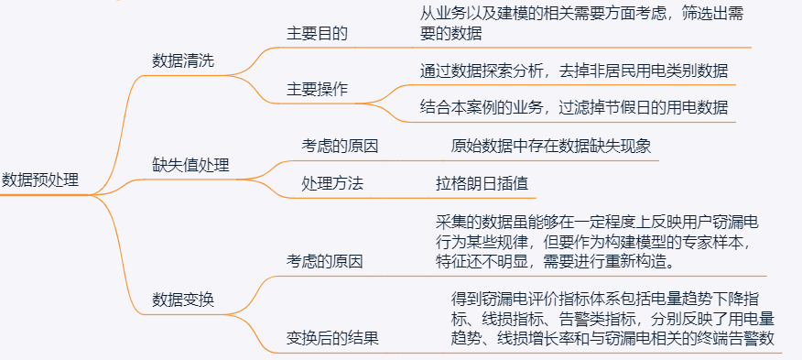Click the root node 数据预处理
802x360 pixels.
tap(40, 180)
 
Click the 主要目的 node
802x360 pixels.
tap(318, 32)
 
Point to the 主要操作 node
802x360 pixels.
tap(318, 89)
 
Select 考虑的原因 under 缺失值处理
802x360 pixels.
tap(341, 145)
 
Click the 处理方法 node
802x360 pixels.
tap(332, 183)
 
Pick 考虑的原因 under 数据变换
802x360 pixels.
tap(325, 261)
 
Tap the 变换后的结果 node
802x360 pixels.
tap(333, 338)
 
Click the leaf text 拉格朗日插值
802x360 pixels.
tap(482, 183)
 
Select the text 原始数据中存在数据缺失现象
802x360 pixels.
tap(551, 145)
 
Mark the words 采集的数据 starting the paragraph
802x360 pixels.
tap(472, 222)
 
